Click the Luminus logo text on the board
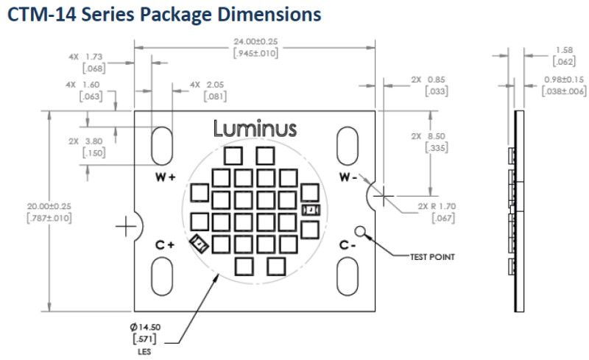coord(255,129)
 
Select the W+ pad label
coord(165,178)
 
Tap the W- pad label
coord(348,178)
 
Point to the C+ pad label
coord(164,245)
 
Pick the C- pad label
coord(348,245)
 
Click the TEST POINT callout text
coord(433,257)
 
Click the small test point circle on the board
coord(361,230)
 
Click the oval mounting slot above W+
coord(162,144)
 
